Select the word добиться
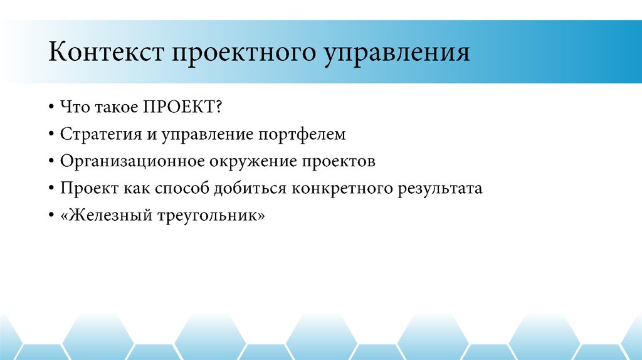(x=250, y=189)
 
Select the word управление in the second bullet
(x=206, y=134)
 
